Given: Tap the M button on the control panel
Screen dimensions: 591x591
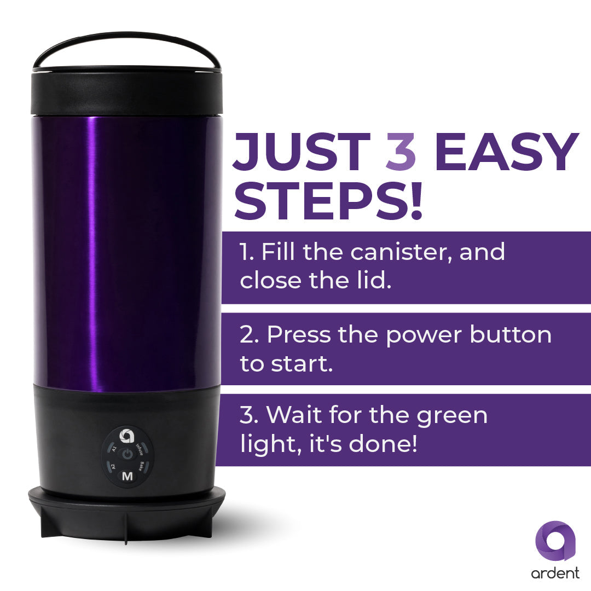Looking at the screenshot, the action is coord(128,477).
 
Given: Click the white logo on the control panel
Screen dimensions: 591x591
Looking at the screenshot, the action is coord(127,436).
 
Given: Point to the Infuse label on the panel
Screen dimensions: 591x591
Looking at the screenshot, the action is coord(140,449).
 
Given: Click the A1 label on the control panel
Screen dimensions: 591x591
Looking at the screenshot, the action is coord(114,449).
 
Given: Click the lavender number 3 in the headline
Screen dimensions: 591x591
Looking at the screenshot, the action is coord(401,152).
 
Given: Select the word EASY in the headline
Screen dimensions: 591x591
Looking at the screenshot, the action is coord(506,152).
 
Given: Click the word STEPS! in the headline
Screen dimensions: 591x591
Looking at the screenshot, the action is coord(328,200).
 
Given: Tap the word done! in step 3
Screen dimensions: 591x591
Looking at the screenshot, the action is coord(383,443).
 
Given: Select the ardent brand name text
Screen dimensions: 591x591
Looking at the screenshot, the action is coord(555,573).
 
